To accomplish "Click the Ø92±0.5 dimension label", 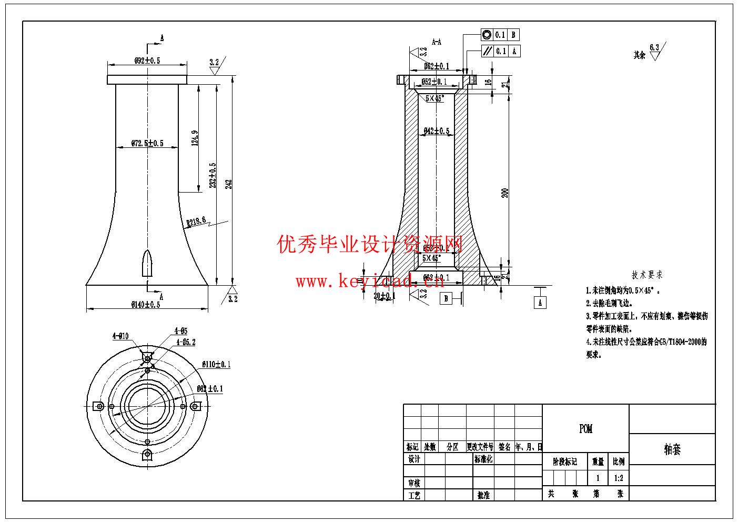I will tap(147, 61).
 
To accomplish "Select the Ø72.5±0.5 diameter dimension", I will tap(147, 143).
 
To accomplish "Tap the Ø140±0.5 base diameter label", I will tap(146, 305).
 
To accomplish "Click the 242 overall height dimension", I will tap(229, 183).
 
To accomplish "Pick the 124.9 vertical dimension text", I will tap(195, 138).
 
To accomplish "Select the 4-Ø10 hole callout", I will tap(120, 336).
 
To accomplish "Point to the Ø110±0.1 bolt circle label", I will tap(216, 364).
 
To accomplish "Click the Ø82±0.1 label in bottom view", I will tap(210, 389).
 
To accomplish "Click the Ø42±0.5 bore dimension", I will tap(437, 131).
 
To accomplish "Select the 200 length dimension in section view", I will tap(506, 193).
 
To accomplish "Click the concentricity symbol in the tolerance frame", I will tap(487, 35).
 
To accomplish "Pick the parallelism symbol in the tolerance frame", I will tap(487, 51).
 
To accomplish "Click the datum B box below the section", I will tap(446, 298).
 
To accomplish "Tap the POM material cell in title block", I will tap(585, 429).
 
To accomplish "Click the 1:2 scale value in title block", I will tap(619, 478).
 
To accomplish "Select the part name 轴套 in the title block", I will tap(672, 449).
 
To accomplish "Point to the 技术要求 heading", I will tap(647, 275).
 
